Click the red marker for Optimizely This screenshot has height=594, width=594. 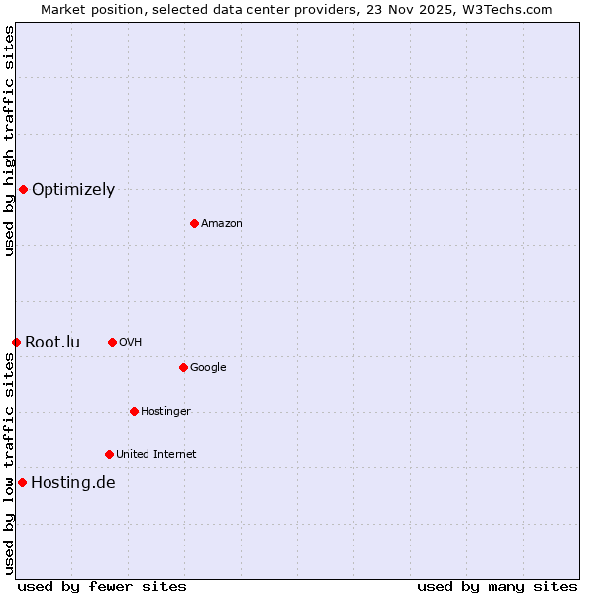click(x=23, y=189)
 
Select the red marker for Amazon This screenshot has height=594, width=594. click(x=194, y=223)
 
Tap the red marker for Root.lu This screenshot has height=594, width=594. click(x=16, y=342)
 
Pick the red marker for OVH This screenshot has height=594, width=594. click(x=112, y=342)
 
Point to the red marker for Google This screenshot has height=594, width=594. click(x=183, y=367)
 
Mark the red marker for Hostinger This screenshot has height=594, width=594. click(x=134, y=411)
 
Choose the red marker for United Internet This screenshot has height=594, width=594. click(x=109, y=454)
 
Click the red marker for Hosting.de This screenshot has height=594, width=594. click(x=22, y=482)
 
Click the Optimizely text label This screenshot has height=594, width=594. click(x=73, y=190)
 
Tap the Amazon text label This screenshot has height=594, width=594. click(x=222, y=224)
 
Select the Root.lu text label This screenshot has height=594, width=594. click(x=52, y=343)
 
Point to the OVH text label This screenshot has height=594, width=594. click(x=131, y=343)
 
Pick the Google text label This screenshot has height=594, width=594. click(x=208, y=368)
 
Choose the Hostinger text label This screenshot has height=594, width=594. click(x=165, y=412)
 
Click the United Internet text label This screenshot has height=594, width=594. click(x=156, y=455)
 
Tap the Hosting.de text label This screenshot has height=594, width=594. click(x=73, y=483)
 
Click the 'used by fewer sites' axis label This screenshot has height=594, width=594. click(x=102, y=586)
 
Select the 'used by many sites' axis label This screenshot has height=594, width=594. click(x=497, y=586)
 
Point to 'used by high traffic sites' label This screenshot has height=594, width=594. click(x=9, y=141)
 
